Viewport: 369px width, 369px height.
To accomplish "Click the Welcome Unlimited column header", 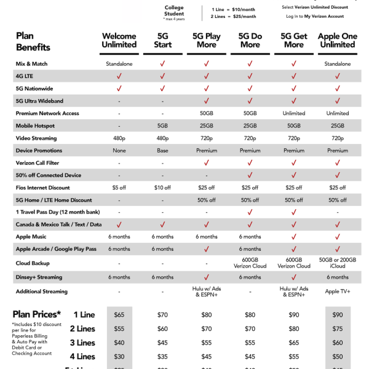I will [119, 41].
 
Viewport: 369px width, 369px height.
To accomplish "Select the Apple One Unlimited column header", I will [337, 41].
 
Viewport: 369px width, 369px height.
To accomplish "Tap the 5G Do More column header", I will [250, 41].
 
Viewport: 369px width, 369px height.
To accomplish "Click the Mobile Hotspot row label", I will [38, 125].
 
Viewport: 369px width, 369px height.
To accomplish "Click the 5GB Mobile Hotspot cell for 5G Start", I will [162, 125].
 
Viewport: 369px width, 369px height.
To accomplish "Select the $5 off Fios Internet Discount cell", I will [119, 188].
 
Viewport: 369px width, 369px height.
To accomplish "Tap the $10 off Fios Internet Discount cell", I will [162, 188].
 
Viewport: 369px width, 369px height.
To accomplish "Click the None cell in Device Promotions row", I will [119, 151].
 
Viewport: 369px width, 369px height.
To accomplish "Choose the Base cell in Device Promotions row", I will [162, 151].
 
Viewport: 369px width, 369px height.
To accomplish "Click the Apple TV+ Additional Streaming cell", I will [338, 292].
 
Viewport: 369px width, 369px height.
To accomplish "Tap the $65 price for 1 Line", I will [119, 315].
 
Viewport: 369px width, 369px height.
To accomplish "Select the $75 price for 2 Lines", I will [338, 329].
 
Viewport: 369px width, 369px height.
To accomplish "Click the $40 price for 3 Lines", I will [119, 343].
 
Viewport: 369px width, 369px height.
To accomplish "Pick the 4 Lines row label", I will [82, 357].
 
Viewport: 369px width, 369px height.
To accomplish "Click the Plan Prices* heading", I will [36, 314].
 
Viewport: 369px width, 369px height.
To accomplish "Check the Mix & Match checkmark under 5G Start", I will [162, 63].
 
